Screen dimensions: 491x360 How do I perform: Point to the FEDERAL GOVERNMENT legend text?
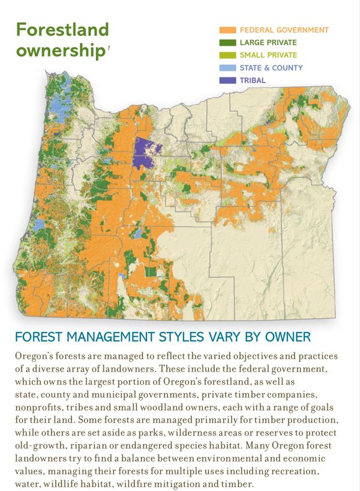[284, 30]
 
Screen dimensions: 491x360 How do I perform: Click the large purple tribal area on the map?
[143, 153]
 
